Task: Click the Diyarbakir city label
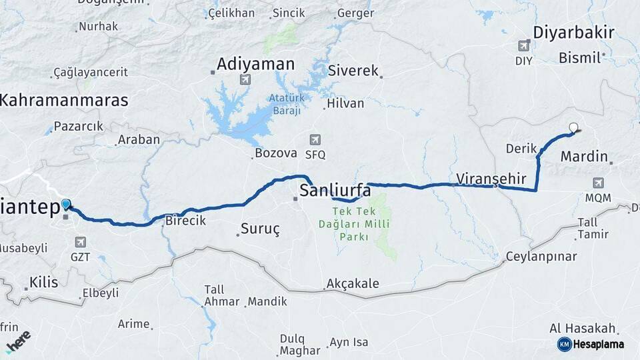click(x=573, y=33)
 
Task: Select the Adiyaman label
click(x=256, y=65)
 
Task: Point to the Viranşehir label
click(x=492, y=179)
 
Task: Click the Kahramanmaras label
click(x=64, y=101)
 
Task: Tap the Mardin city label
click(x=584, y=157)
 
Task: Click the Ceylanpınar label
click(x=541, y=257)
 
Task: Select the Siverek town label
click(x=353, y=71)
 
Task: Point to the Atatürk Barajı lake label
click(x=286, y=105)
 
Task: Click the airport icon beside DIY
click(x=524, y=46)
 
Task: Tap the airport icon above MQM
click(x=598, y=183)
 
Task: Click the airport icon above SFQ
click(x=315, y=140)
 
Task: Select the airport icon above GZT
click(x=81, y=242)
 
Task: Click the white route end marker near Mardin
click(x=573, y=127)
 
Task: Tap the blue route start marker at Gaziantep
click(x=66, y=205)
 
